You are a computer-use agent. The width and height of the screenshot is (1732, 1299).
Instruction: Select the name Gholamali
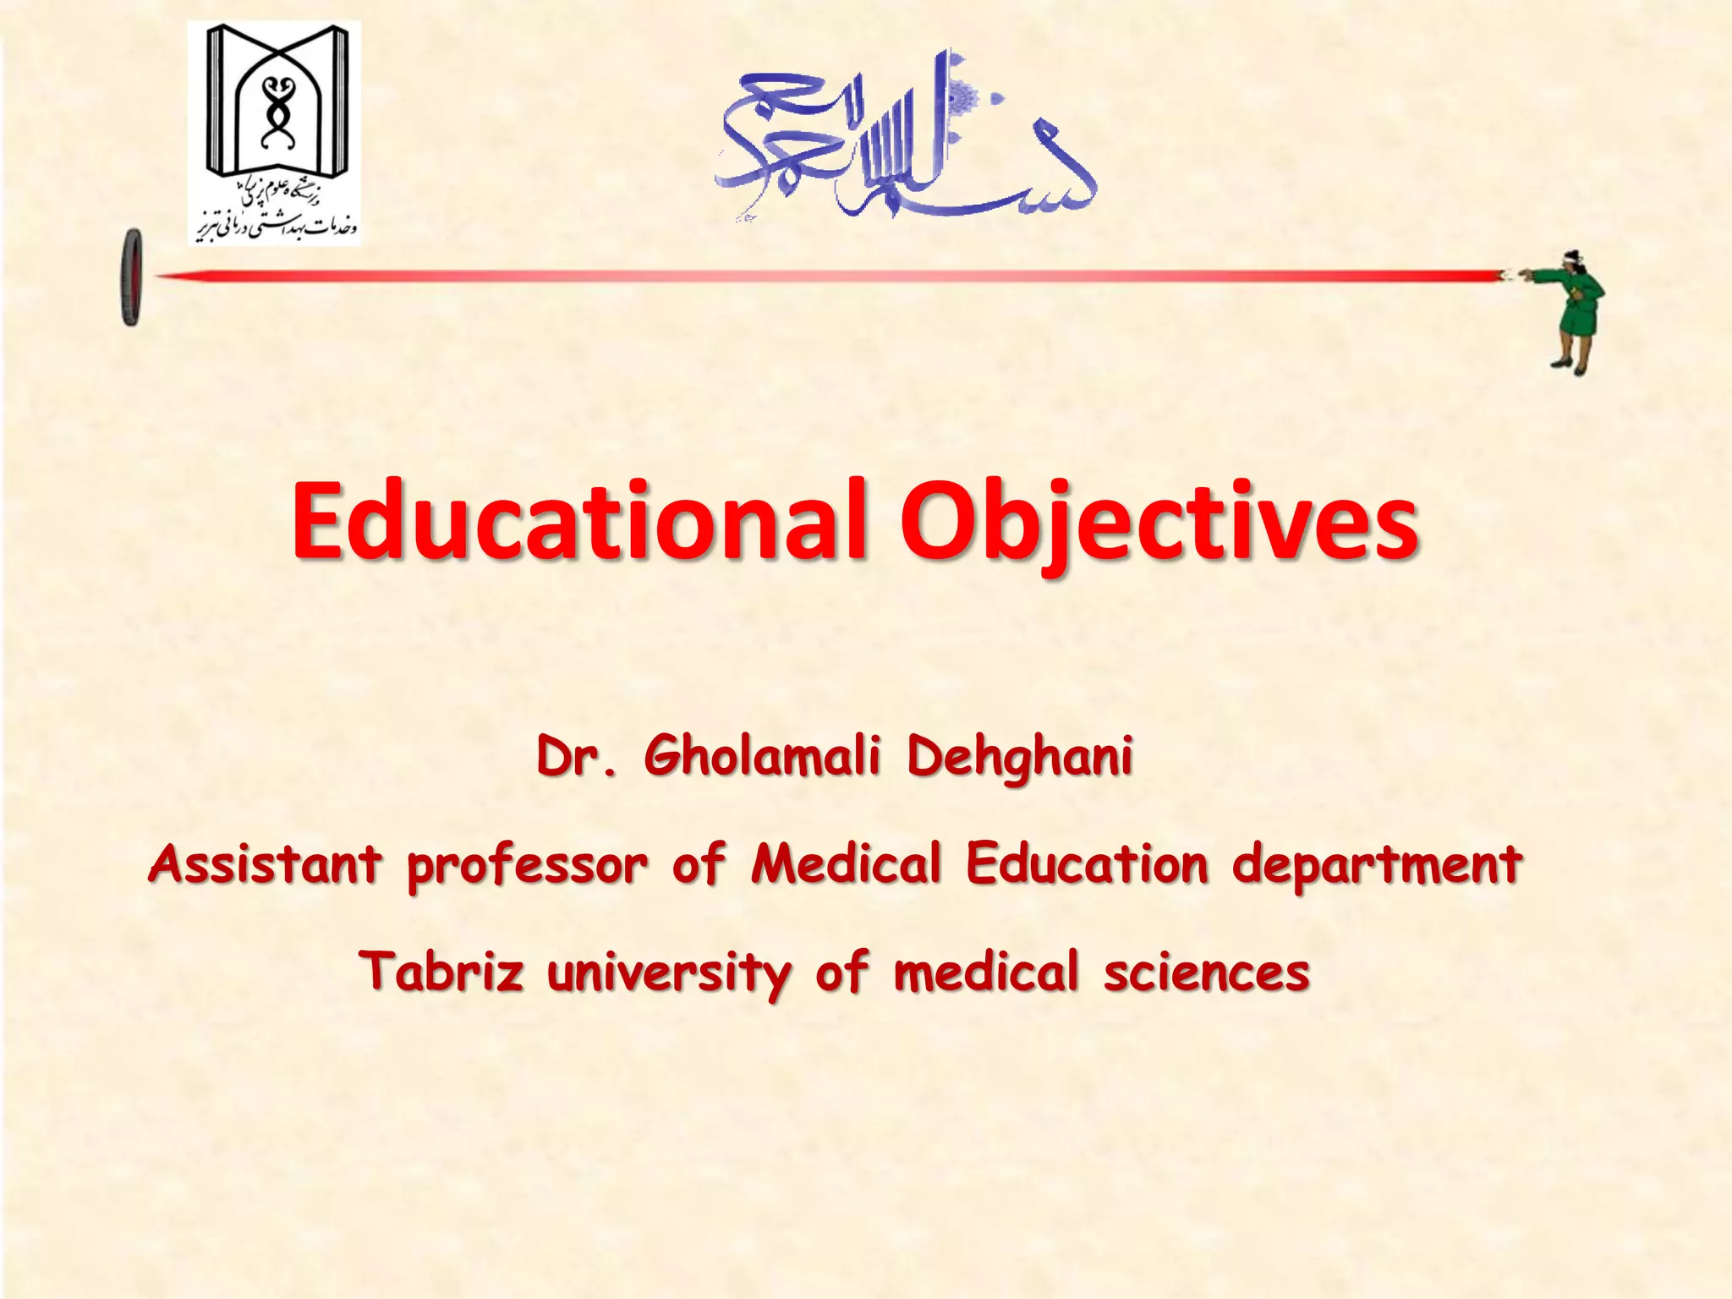762,755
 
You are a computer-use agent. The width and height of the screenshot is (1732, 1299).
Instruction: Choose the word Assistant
265,864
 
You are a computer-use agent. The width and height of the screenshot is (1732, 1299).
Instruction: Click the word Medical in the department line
847,863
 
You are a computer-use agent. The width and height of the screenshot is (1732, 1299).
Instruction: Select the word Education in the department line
1088,863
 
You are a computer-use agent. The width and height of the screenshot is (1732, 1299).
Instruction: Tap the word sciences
1206,973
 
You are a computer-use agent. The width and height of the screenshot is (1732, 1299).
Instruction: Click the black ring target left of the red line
132,277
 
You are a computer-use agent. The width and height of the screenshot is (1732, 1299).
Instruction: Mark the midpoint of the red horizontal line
829,276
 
